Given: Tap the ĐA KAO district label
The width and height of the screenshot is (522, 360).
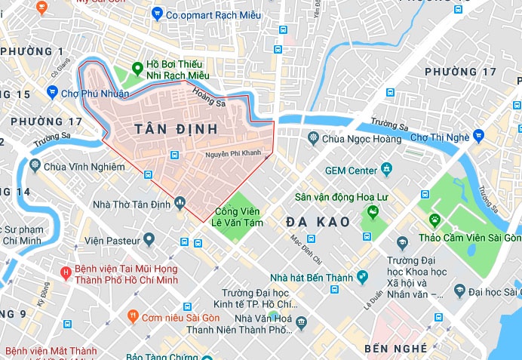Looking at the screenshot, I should click(318, 222).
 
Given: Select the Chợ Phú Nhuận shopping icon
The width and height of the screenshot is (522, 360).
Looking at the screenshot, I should click(52, 93).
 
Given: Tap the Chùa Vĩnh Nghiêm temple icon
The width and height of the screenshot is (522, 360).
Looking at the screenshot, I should click(35, 165).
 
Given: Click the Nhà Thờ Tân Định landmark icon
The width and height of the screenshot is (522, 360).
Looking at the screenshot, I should click(180, 202).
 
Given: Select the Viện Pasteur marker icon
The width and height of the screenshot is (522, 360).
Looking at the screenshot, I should click(149, 240).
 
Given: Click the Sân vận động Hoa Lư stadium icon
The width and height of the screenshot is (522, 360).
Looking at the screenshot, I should click(370, 214).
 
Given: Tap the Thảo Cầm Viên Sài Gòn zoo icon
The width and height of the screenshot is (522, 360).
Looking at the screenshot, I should click(434, 220).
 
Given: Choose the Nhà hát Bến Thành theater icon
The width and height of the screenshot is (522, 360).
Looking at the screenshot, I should click(362, 278).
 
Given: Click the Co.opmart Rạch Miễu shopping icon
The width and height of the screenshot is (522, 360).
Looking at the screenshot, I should click(157, 14).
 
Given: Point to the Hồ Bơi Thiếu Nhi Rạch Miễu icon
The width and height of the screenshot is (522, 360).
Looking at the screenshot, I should click(137, 68).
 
